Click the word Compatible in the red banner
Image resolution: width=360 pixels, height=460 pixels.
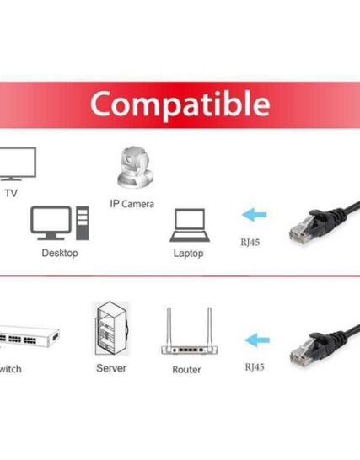click(x=180, y=104)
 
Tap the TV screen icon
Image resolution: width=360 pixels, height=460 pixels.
click(x=18, y=163)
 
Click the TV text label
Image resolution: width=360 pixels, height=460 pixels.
click(x=11, y=193)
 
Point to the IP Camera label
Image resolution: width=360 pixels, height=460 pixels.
click(x=132, y=204)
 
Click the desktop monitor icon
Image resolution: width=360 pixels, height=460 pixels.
click(x=51, y=223)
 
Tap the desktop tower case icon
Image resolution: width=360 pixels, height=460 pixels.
click(x=83, y=223)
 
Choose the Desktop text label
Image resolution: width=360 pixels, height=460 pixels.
click(x=60, y=253)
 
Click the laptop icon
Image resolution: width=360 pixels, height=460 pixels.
click(x=190, y=225)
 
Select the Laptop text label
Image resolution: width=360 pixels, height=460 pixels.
click(x=188, y=254)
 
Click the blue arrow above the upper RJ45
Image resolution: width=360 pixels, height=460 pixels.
click(x=255, y=215)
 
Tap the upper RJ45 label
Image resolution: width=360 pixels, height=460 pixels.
click(x=250, y=243)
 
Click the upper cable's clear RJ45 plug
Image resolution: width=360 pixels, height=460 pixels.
click(x=300, y=231)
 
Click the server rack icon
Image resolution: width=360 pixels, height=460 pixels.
click(x=111, y=329)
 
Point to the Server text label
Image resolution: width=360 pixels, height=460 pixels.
click(x=111, y=368)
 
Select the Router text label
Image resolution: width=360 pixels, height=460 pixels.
click(x=186, y=370)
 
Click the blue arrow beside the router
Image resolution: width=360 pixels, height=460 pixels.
click(x=257, y=340)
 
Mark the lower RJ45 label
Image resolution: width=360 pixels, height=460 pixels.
click(x=255, y=367)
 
